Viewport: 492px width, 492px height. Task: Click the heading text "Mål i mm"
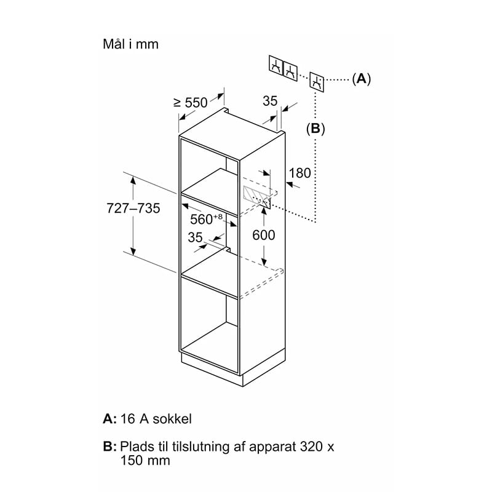pyautogui.click(x=130, y=44)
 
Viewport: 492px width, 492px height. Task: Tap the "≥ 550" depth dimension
pyautogui.click(x=191, y=103)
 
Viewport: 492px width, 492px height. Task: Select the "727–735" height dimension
pyautogui.click(x=133, y=208)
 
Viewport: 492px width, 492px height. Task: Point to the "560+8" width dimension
pyautogui.click(x=206, y=219)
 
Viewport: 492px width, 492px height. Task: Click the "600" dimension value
pyautogui.click(x=264, y=235)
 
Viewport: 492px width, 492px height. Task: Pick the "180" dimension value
pyautogui.click(x=300, y=173)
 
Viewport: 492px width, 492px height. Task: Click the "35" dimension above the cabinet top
pyautogui.click(x=270, y=101)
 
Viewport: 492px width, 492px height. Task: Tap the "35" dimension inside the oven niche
pyautogui.click(x=195, y=237)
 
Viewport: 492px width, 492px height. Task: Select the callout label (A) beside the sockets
pyautogui.click(x=361, y=79)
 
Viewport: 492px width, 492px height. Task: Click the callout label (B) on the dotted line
pyautogui.click(x=315, y=129)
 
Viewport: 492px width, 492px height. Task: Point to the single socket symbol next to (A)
pyautogui.click(x=317, y=82)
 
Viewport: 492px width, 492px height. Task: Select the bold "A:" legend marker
pyautogui.click(x=109, y=419)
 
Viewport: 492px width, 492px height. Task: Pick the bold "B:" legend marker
pyautogui.click(x=109, y=446)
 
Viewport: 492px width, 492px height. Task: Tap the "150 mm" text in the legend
pyautogui.click(x=145, y=461)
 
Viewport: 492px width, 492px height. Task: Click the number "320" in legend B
pyautogui.click(x=311, y=446)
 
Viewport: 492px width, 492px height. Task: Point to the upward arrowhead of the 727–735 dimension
pyautogui.click(x=133, y=180)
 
